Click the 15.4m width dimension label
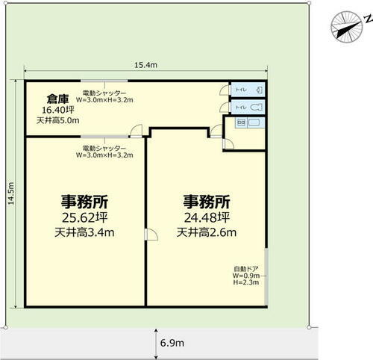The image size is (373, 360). point(145,66)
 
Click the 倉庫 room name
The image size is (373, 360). point(58,98)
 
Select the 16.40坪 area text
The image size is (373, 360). point(57,109)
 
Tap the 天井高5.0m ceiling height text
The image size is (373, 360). point(57,120)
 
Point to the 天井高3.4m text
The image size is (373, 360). point(84,232)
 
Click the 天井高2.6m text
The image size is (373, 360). point(206,232)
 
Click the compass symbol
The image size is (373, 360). point(345,26)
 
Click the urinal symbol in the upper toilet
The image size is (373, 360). point(256,90)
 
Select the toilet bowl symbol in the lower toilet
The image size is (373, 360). point(254,107)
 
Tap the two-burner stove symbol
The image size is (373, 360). point(242,121)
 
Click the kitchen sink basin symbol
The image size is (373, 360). point(254,121)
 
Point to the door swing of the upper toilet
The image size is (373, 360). point(224,91)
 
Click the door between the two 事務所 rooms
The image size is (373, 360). point(151,235)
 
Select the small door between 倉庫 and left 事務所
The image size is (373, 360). point(135,131)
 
